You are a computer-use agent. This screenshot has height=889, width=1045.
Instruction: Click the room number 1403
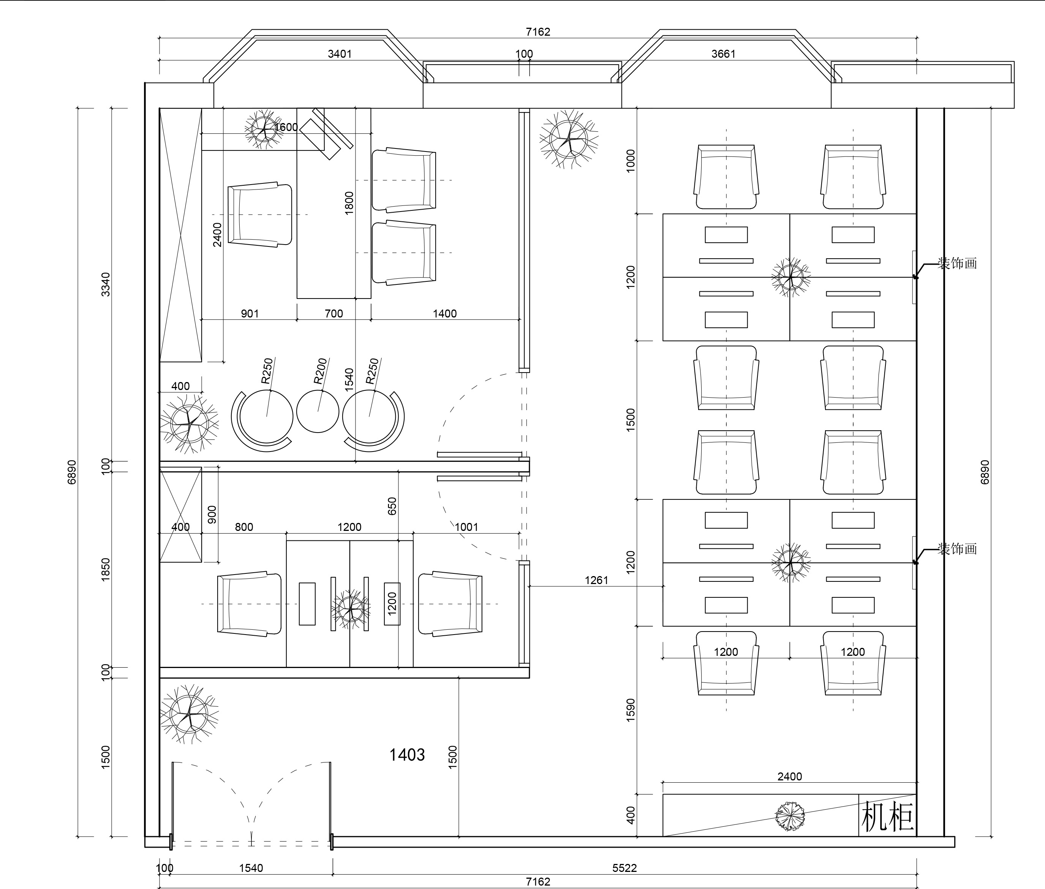tap(407, 755)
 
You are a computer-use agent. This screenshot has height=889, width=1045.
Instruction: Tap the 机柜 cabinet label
tap(887, 817)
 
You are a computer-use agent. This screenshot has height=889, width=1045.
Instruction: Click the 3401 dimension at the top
tap(340, 54)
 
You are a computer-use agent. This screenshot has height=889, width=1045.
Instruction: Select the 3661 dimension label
tap(723, 54)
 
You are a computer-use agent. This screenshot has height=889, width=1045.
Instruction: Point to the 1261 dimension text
tap(596, 580)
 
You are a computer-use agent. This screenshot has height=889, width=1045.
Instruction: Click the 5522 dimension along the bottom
tap(624, 868)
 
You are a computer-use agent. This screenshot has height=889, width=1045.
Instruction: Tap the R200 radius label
tap(321, 371)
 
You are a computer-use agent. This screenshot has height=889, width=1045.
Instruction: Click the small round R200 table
tap(318, 411)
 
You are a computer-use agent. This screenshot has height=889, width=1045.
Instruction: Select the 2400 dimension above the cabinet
tap(789, 777)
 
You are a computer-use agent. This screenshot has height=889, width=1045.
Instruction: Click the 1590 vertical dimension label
tap(630, 710)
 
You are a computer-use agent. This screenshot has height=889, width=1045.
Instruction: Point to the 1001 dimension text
tap(466, 527)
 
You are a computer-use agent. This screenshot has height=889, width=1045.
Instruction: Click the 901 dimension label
tap(250, 313)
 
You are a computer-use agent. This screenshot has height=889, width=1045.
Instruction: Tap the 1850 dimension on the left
tap(105, 570)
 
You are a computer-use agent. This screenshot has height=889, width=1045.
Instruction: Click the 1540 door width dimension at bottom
tap(251, 868)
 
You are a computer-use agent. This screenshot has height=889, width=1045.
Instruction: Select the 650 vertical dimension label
tap(392, 506)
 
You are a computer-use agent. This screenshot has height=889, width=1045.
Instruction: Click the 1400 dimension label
tap(444, 313)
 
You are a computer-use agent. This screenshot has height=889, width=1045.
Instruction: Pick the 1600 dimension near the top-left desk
tap(286, 127)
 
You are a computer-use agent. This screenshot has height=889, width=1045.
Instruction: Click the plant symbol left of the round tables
tap(189, 424)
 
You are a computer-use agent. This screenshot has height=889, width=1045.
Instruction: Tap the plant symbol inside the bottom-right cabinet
tap(790, 816)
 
